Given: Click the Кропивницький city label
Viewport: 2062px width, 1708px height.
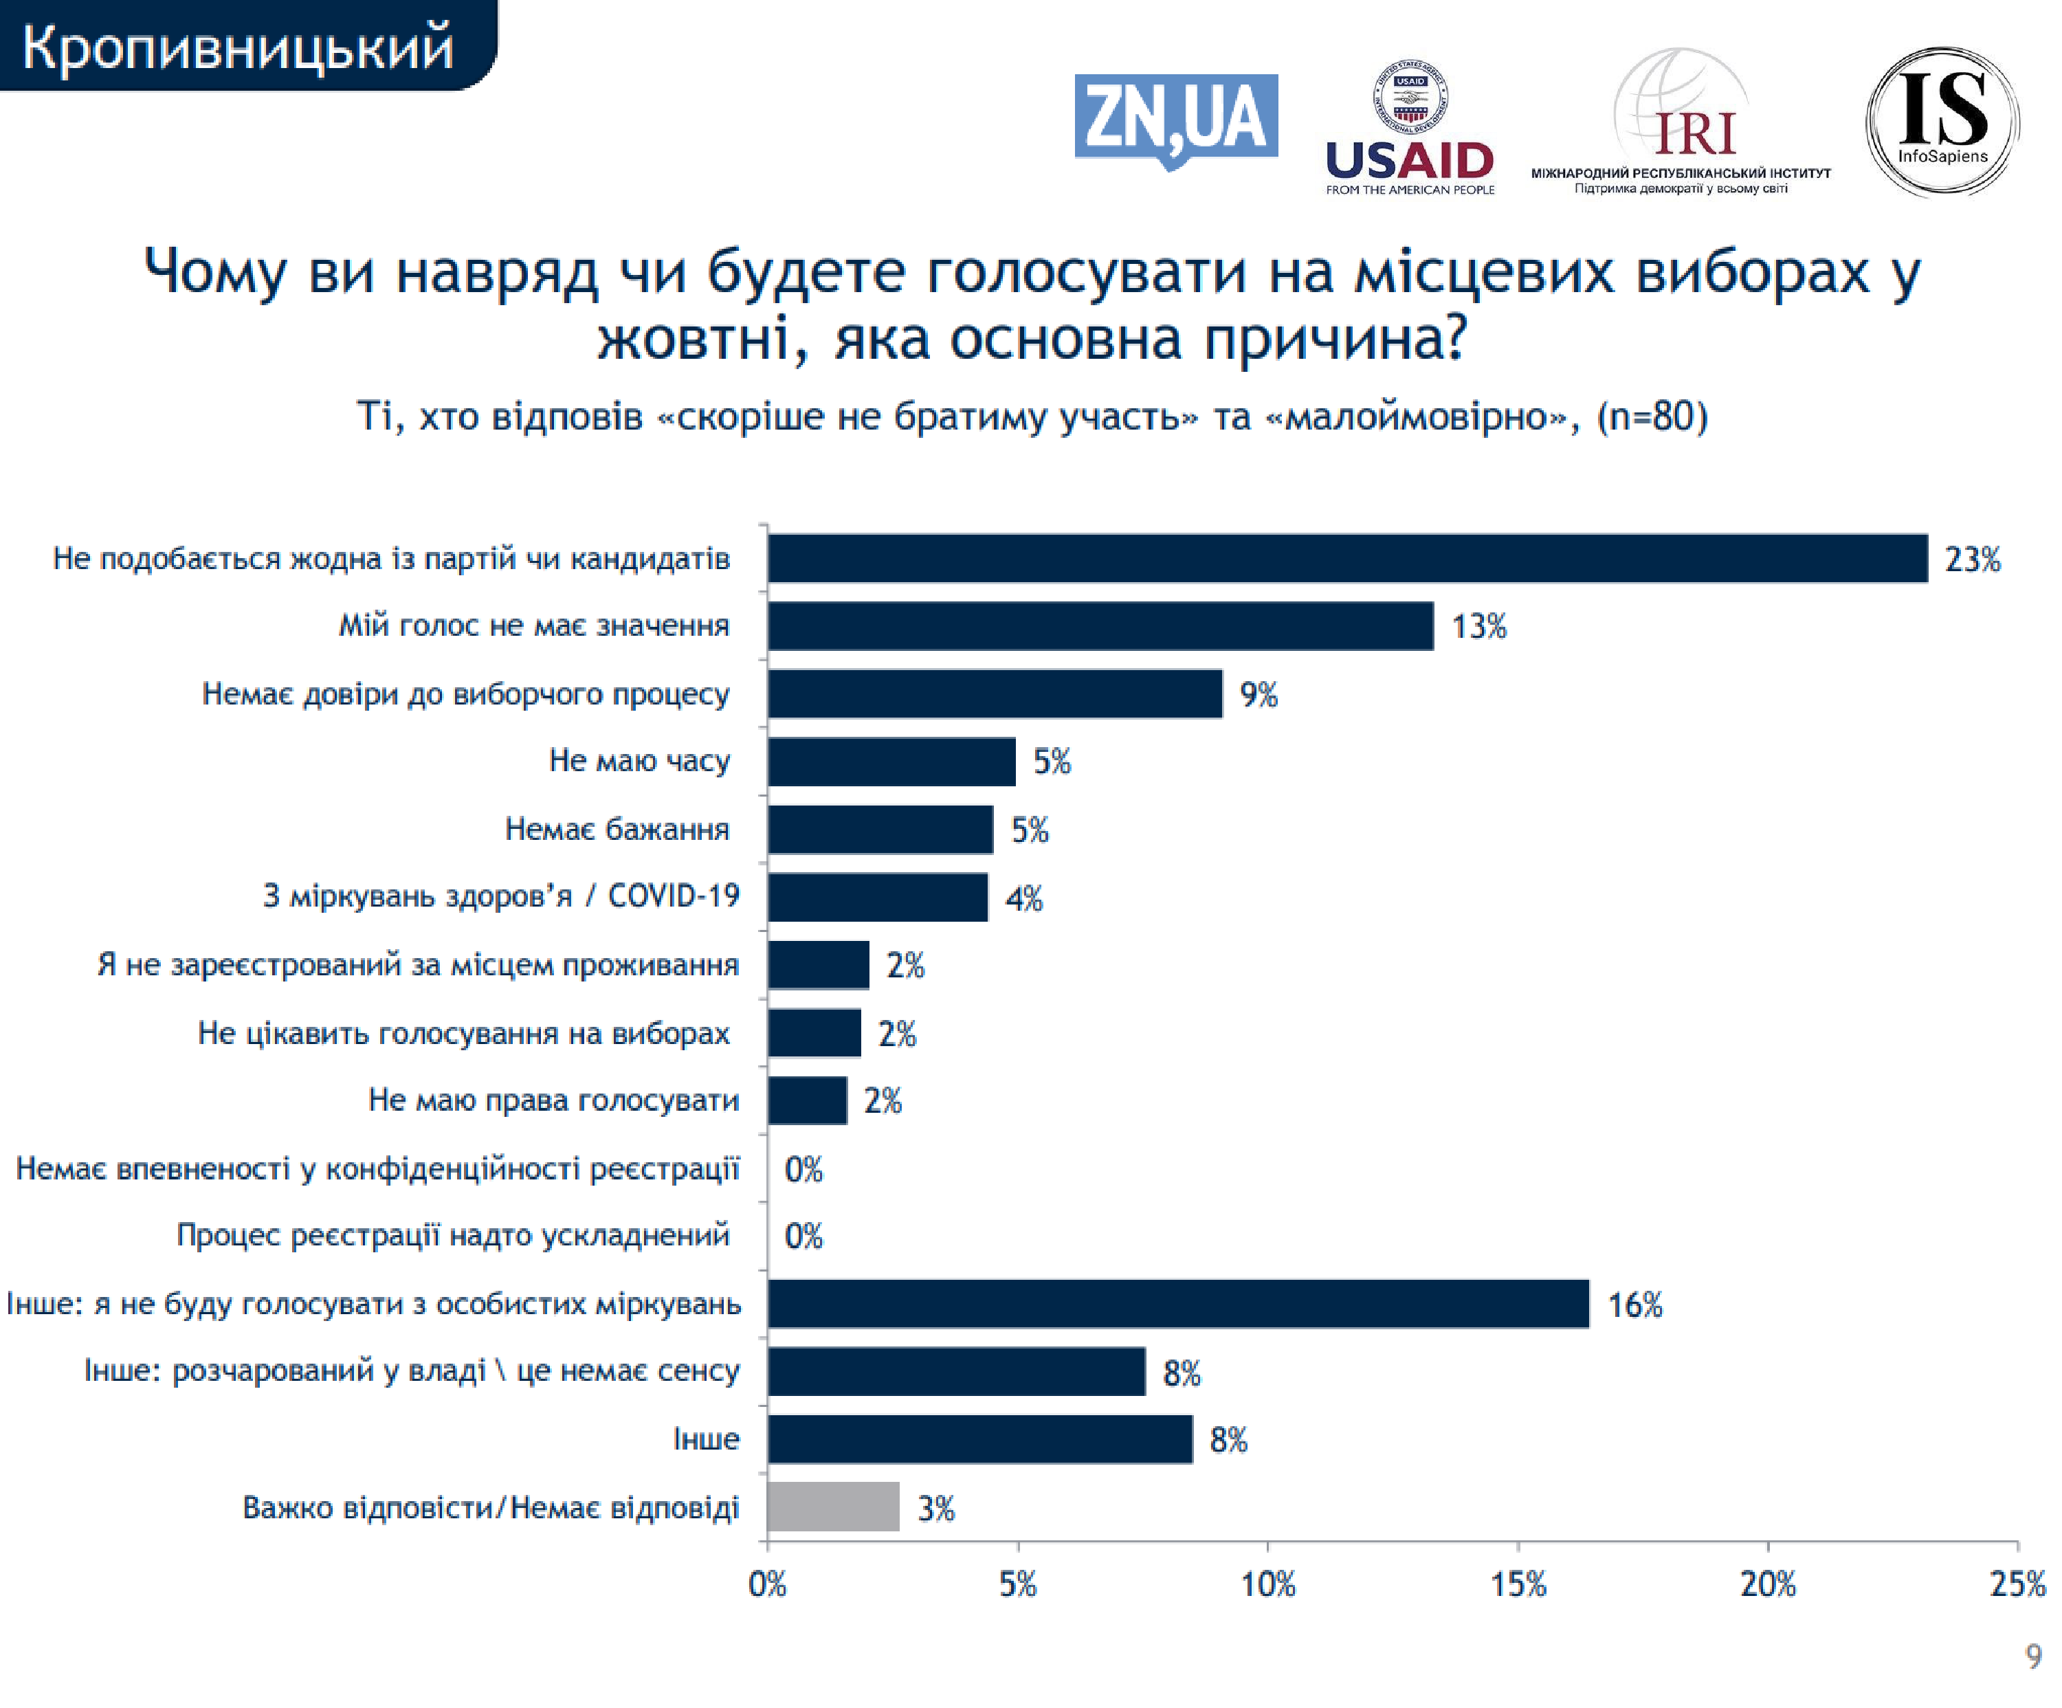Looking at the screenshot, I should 238,47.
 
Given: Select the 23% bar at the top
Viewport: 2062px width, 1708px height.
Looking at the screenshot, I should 1347,559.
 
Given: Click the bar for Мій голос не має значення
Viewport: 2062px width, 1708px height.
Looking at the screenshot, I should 1100,626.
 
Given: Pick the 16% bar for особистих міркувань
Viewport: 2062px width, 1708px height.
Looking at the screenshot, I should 1178,1304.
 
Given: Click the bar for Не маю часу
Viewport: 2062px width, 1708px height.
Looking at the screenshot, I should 891,762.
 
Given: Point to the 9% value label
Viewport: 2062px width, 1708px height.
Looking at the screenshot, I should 1258,695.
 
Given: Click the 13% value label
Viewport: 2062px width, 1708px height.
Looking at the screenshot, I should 1478,626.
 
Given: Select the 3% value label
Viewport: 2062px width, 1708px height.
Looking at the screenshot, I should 935,1509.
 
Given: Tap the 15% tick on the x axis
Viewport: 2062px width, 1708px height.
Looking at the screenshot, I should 1518,1584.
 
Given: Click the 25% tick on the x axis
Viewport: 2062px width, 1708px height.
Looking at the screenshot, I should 2017,1584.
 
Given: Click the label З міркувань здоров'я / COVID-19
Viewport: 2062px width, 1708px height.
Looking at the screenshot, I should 501,896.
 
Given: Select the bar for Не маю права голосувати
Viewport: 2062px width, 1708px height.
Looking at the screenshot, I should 807,1100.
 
